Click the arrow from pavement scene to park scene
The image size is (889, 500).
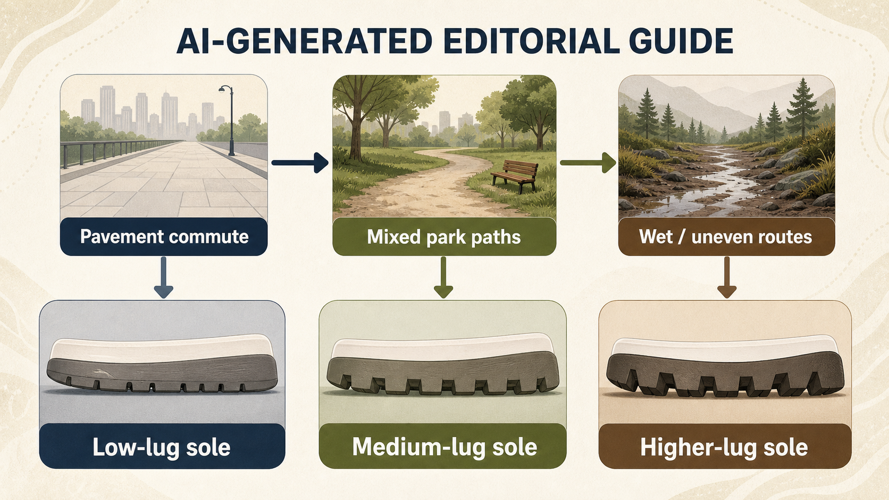tap(300, 162)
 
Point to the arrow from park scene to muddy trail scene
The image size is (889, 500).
tap(588, 162)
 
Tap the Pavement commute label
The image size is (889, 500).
tap(164, 237)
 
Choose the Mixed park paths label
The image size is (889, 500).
tap(444, 237)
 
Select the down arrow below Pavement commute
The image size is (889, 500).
tap(163, 277)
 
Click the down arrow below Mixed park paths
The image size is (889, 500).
tap(443, 277)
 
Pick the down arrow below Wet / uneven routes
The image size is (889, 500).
tap(727, 277)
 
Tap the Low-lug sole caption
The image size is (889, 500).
tap(162, 447)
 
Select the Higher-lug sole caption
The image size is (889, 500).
tap(725, 447)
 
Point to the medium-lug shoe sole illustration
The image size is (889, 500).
tap(443, 364)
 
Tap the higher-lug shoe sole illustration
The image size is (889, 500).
tap(725, 367)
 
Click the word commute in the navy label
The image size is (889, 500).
tap(209, 237)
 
